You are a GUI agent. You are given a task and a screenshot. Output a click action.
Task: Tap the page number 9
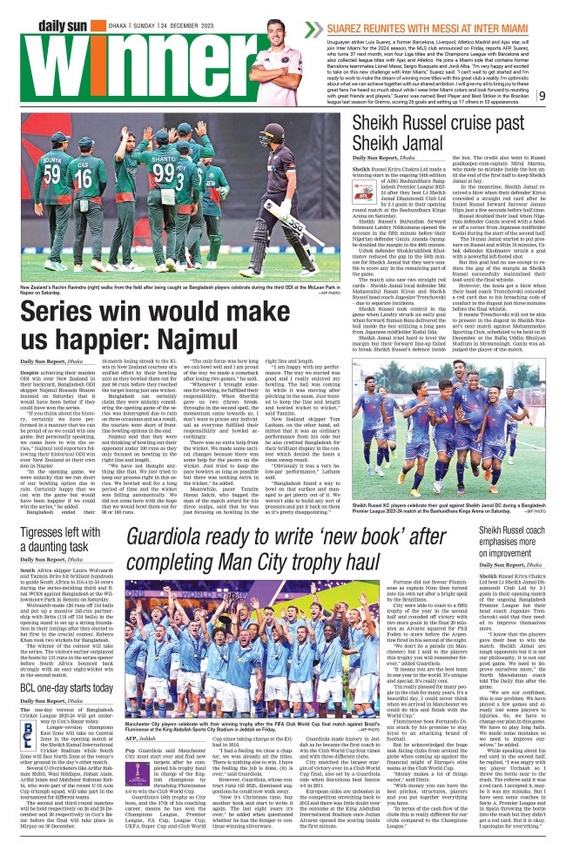point(542,95)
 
